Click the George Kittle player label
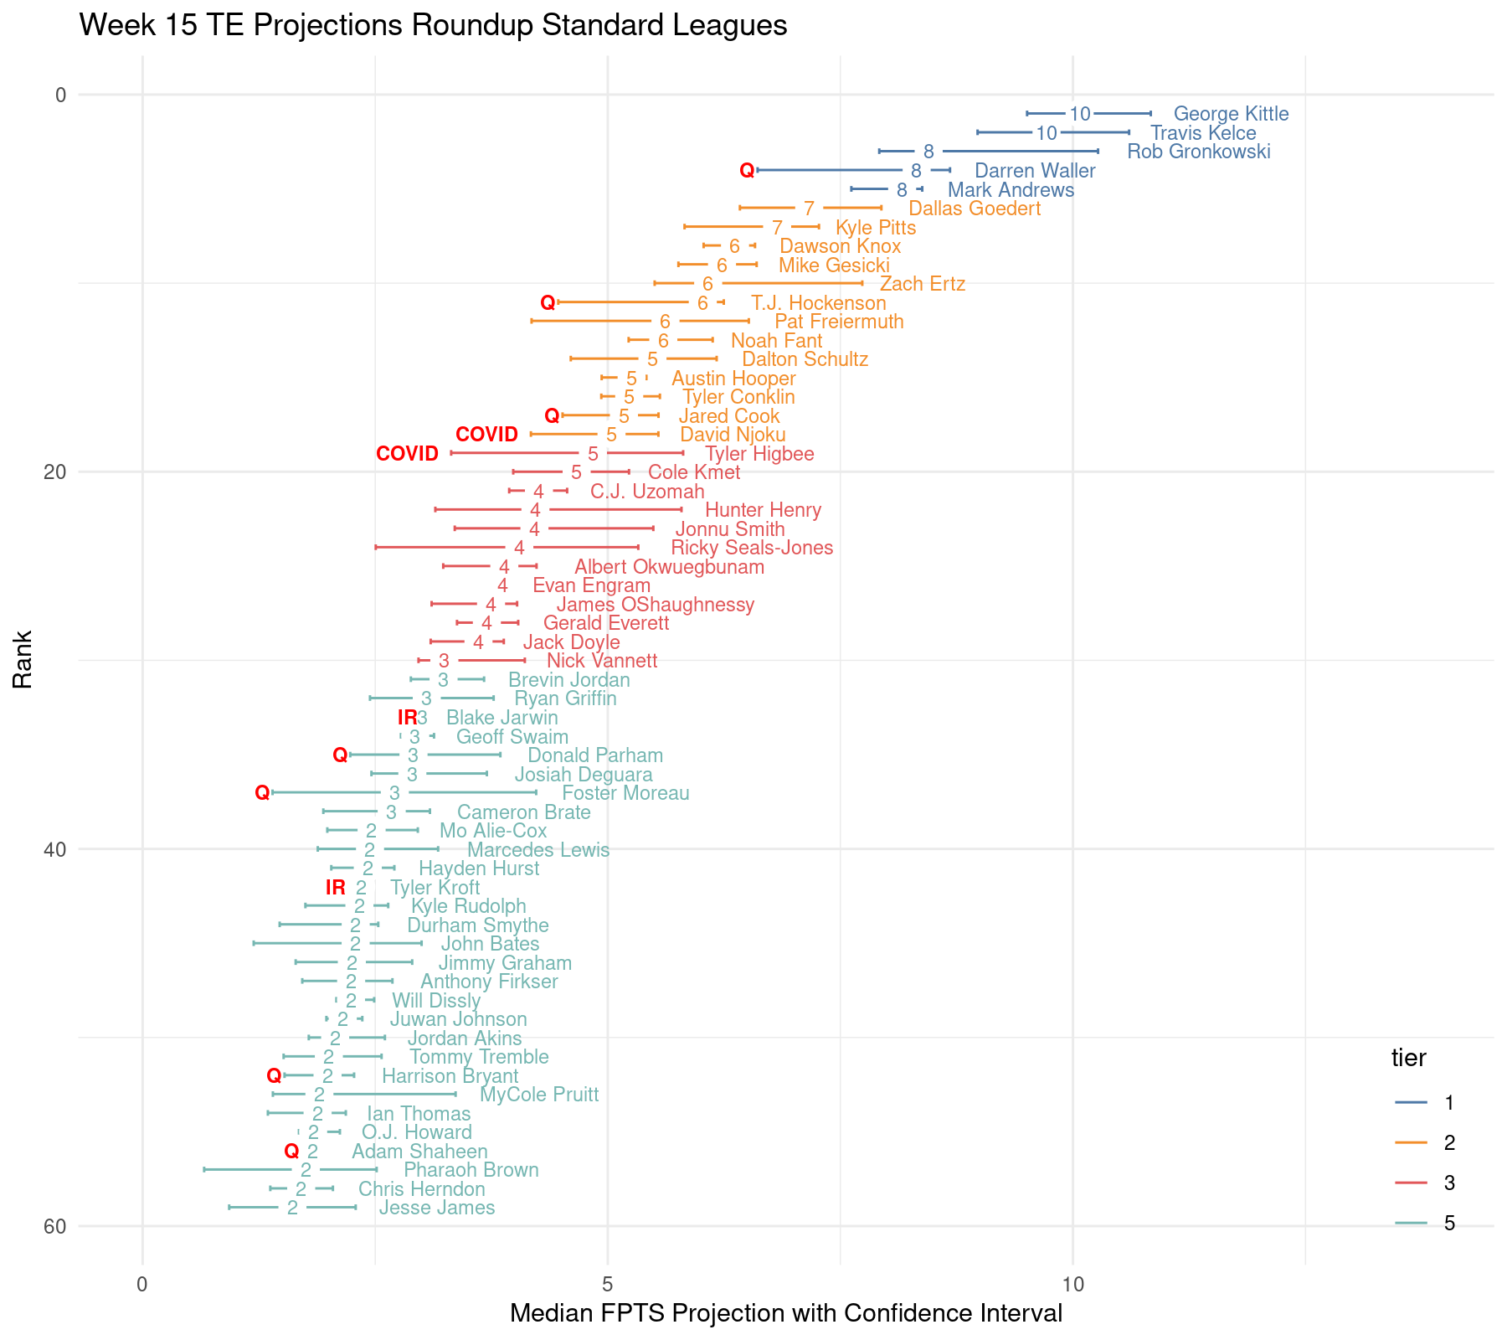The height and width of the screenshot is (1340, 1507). pos(1230,114)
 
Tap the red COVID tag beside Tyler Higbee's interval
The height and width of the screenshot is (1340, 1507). pos(407,454)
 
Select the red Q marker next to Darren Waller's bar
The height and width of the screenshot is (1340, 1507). pos(747,171)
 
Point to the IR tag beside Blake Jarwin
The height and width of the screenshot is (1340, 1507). pos(407,718)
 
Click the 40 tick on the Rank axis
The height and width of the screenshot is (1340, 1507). pos(54,849)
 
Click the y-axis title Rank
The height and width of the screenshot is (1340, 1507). pos(23,659)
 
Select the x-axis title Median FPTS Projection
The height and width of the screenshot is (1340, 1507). pos(785,1313)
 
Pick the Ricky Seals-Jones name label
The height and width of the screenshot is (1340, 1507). pos(751,549)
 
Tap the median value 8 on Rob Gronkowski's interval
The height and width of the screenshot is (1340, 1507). pos(928,152)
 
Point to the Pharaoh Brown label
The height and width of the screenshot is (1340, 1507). pos(471,1170)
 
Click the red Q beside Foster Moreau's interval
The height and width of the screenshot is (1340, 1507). pos(262,792)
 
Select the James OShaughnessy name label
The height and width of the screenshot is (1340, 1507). pos(655,605)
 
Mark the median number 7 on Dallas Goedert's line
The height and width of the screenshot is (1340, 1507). pos(809,209)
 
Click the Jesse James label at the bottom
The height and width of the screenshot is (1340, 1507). pos(436,1208)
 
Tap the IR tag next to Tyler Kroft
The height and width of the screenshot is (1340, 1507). pos(335,888)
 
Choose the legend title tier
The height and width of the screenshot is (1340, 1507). pos(1408,1058)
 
